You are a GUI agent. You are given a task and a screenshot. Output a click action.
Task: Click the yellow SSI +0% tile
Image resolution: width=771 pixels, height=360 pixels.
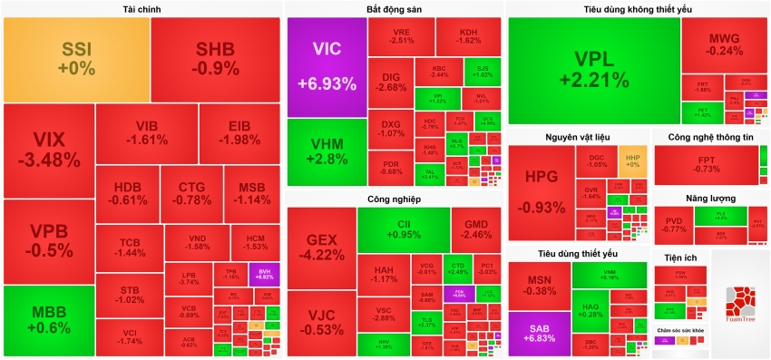[x=76, y=59]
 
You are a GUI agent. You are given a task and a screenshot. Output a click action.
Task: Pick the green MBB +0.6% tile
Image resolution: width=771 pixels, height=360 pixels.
[x=47, y=320]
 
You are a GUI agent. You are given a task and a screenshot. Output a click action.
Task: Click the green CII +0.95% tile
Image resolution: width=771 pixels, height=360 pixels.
[x=404, y=229]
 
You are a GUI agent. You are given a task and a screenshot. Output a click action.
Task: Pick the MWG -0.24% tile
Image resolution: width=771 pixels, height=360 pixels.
[x=725, y=45]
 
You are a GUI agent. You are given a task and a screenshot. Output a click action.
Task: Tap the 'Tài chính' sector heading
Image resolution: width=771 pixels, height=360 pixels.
[x=142, y=9]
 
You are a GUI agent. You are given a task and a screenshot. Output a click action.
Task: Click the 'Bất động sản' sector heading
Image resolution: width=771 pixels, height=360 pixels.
[x=394, y=9]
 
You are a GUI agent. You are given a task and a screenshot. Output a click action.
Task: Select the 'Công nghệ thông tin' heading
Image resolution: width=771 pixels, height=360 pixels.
[x=711, y=137]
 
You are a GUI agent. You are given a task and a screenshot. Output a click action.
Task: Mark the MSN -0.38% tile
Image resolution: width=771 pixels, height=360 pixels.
[x=539, y=285]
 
